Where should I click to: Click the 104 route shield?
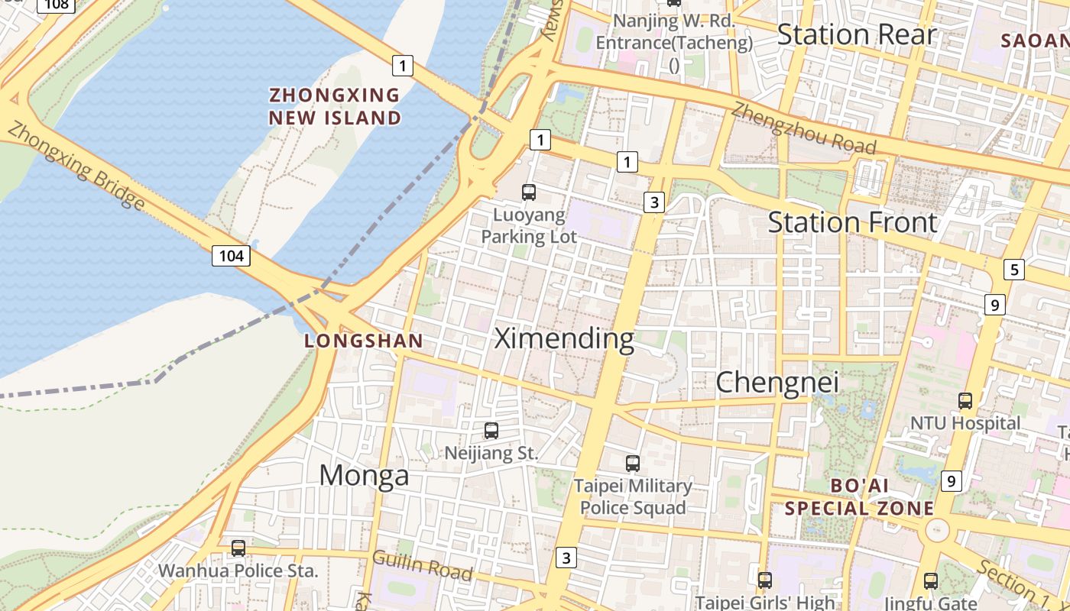231,256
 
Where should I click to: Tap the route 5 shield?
1013,270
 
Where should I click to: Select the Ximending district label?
564,338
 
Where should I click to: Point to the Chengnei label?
777,382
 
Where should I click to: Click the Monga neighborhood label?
364,475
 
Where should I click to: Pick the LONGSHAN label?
364,341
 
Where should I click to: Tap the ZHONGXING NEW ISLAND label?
335,106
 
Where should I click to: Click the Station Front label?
852,222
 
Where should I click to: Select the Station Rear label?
856,34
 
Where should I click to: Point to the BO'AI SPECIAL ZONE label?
860,497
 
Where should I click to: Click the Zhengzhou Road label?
802,126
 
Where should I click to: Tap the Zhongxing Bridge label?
76,166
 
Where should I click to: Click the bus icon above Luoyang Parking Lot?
529,192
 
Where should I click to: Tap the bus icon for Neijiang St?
491,431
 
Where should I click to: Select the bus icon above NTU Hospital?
965,400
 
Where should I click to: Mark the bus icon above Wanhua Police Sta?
238,548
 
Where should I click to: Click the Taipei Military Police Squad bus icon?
632,463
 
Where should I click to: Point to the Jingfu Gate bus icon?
930,580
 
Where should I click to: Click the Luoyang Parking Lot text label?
529,226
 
